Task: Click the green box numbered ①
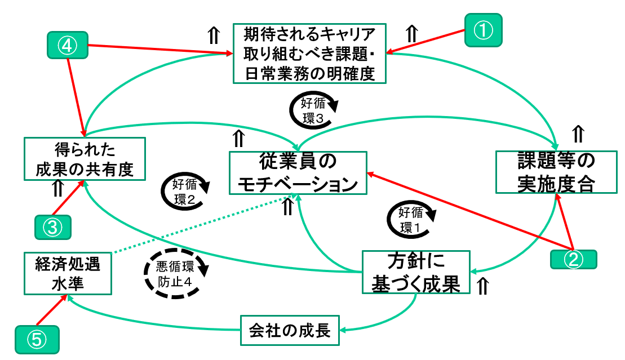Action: [482, 30]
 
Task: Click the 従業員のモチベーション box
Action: [298, 173]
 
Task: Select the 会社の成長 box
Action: [290, 330]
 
